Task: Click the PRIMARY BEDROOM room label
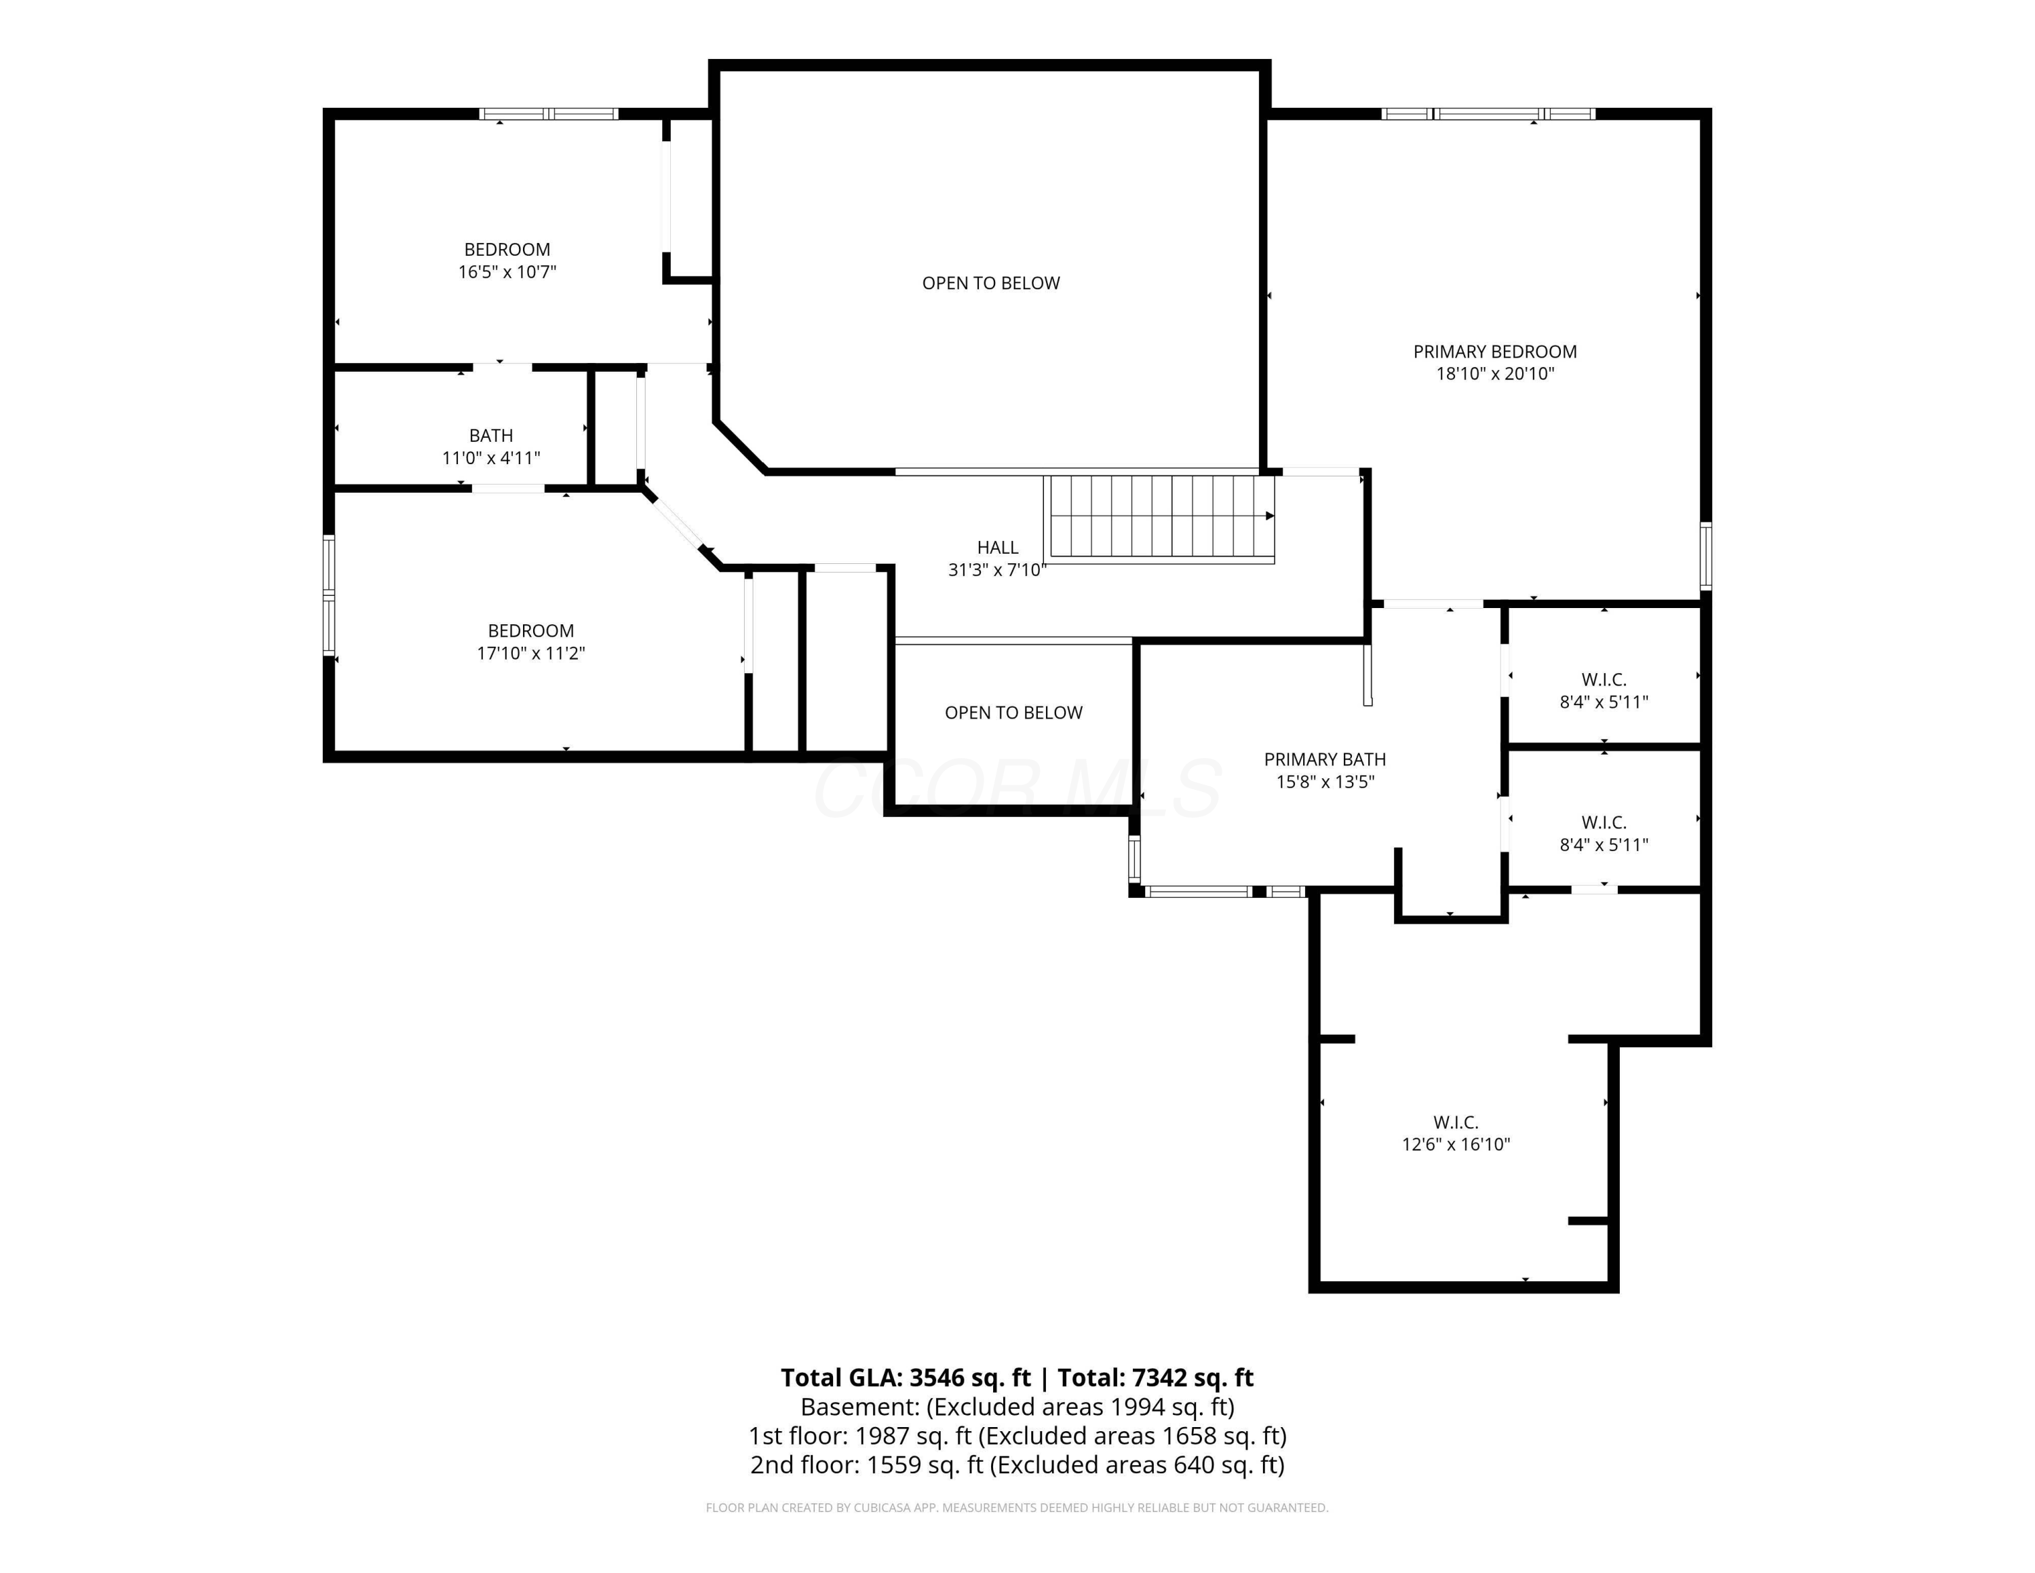click(x=1494, y=352)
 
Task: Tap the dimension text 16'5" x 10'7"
click(x=507, y=272)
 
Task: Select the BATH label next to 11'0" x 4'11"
click(x=491, y=435)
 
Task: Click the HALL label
click(x=997, y=547)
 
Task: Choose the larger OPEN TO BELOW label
click(x=990, y=283)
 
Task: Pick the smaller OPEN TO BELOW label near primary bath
click(x=1013, y=713)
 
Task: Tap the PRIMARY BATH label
click(x=1324, y=759)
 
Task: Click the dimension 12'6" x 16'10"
click(x=1456, y=1144)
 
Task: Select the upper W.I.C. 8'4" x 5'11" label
click(x=1604, y=691)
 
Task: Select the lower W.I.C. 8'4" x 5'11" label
click(x=1604, y=833)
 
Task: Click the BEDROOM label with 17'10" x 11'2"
click(x=530, y=631)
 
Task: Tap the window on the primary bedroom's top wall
click(x=1488, y=115)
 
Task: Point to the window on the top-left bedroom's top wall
click(x=549, y=115)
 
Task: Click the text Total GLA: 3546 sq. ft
click(x=905, y=1378)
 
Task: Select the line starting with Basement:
click(x=1017, y=1406)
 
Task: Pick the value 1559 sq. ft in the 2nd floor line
click(x=925, y=1465)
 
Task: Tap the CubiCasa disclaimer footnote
click(x=1017, y=1508)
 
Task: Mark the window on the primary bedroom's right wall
click(x=1705, y=556)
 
